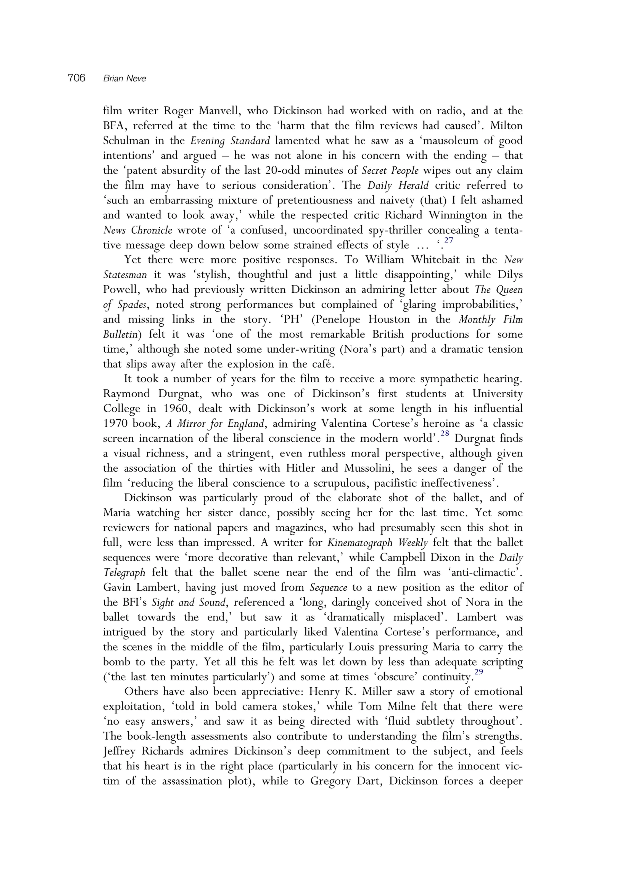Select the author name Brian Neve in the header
[x=124, y=79]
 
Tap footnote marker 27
[x=448, y=240]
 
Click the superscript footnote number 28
[x=445, y=433]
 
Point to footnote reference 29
[x=479, y=672]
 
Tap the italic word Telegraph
[x=124, y=573]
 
